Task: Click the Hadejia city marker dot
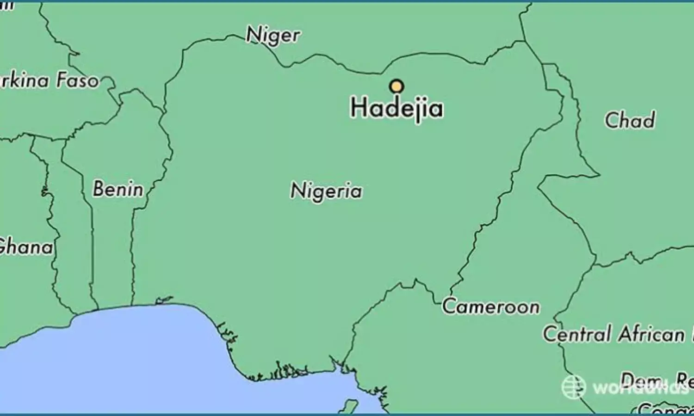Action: coord(397,86)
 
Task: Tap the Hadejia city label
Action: coord(397,108)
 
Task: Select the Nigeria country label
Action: coord(326,190)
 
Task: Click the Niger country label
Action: coord(273,35)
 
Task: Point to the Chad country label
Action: coord(630,120)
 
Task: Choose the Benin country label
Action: coord(118,189)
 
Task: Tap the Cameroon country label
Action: coord(491,306)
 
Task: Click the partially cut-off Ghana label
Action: coord(26,247)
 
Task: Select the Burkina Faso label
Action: coord(49,81)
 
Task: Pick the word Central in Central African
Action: coord(576,334)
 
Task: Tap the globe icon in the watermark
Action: coord(574,386)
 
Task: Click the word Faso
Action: coord(77,81)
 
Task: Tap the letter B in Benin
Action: coord(99,189)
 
